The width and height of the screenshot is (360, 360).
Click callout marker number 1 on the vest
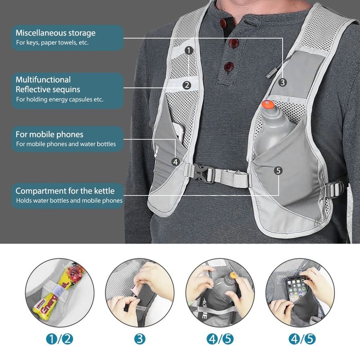tap(189, 50)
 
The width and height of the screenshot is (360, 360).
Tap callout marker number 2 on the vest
tap(187, 85)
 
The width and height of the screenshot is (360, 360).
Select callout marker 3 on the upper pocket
tap(282, 82)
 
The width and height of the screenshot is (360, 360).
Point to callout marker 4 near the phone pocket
tap(175, 161)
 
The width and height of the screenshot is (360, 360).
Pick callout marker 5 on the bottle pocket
tap(278, 170)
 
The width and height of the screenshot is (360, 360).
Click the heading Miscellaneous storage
tap(55, 33)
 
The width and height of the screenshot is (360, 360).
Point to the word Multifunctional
tap(43, 80)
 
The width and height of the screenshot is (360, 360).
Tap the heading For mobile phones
tap(49, 135)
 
